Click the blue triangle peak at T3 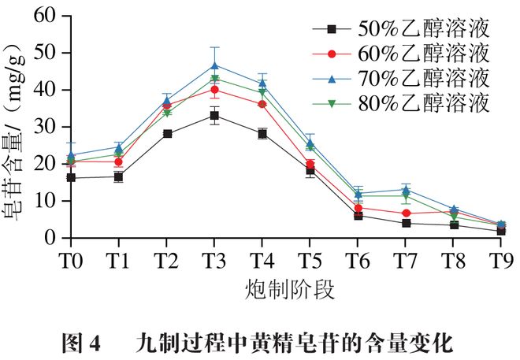(x=214, y=65)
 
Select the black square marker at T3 (x=214, y=115)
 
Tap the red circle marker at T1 (x=119, y=161)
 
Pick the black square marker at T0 (x=72, y=178)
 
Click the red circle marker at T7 (x=406, y=213)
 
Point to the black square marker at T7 (x=406, y=223)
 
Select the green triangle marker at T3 (x=214, y=79)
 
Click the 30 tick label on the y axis (x=48, y=128)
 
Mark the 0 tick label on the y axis (x=54, y=239)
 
